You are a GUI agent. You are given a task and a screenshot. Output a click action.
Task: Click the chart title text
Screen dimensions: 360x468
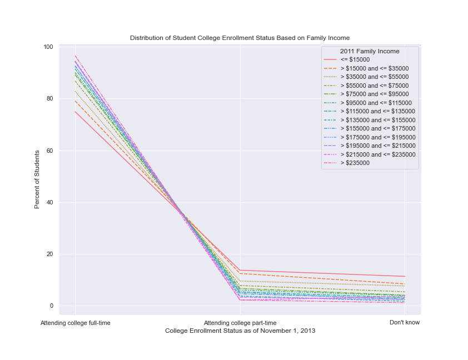click(240, 38)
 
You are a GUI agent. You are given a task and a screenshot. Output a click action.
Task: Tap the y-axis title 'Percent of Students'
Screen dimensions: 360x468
click(37, 179)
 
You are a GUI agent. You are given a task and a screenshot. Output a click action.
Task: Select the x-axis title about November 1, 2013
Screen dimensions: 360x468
click(240, 331)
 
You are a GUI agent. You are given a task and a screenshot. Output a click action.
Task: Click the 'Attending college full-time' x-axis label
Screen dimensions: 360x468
click(75, 322)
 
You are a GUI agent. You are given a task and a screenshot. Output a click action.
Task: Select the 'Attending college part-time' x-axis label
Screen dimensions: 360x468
click(240, 322)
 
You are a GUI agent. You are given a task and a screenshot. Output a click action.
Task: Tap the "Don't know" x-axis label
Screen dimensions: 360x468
click(405, 322)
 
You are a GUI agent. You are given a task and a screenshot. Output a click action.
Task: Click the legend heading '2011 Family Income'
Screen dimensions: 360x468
click(370, 51)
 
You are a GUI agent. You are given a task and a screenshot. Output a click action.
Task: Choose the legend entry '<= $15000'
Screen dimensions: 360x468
click(355, 59)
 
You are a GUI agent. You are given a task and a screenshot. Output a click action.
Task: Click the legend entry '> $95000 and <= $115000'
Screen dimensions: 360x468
click(376, 103)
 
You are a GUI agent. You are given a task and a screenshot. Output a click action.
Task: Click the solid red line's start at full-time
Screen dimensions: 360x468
click(75, 112)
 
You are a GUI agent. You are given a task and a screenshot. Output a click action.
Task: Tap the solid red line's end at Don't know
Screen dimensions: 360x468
click(405, 276)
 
